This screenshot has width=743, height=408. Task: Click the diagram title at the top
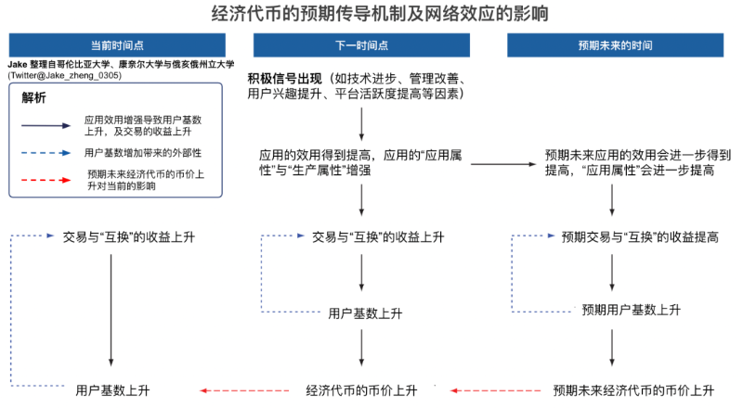[x=371, y=14]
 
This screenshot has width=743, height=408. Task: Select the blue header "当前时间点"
[x=117, y=45]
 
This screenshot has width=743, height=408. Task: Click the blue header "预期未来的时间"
[x=614, y=45]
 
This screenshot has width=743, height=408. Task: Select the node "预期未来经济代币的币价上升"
[x=632, y=389]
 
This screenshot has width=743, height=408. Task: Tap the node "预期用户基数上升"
[x=631, y=309]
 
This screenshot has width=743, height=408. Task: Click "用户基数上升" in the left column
[x=112, y=389]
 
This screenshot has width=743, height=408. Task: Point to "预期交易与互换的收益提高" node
[x=640, y=236]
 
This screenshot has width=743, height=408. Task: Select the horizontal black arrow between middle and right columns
[x=502, y=164]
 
